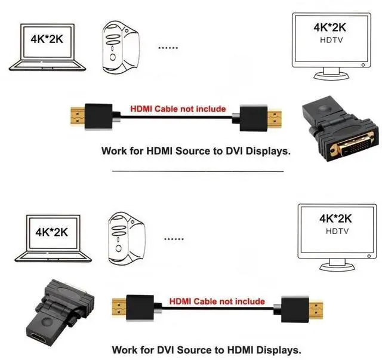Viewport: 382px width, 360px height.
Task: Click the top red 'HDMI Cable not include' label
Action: [x=178, y=109]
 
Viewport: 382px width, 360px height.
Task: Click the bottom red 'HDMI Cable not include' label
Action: [x=216, y=301]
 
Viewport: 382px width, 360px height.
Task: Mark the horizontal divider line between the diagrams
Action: [x=198, y=171]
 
